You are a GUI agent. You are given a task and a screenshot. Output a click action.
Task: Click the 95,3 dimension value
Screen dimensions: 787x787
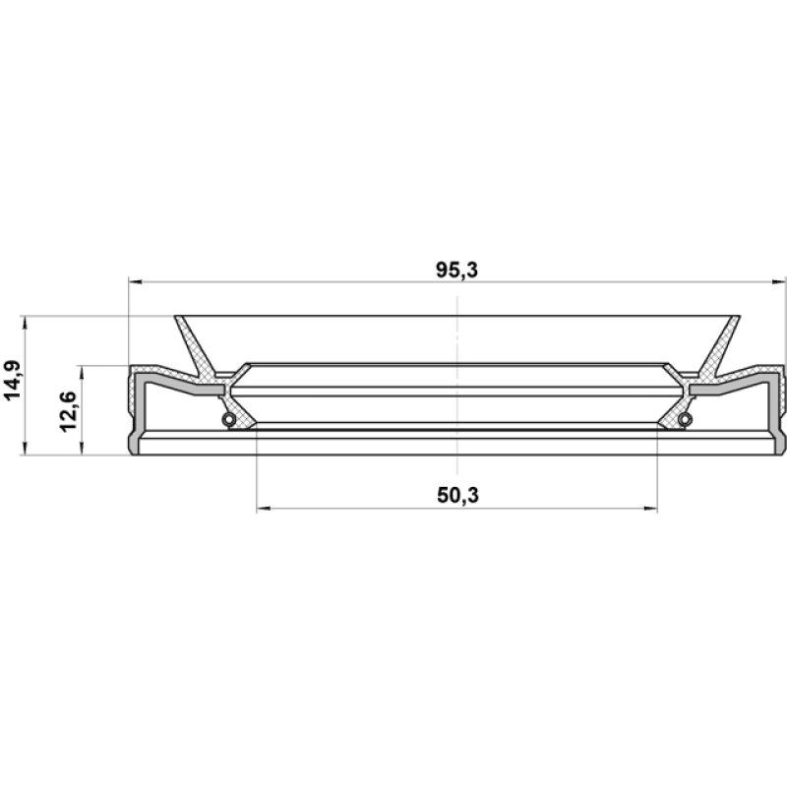coord(456,270)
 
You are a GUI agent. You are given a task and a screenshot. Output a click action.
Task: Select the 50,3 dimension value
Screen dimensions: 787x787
coord(457,496)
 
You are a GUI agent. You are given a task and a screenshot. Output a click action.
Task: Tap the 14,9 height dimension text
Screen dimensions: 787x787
coord(12,381)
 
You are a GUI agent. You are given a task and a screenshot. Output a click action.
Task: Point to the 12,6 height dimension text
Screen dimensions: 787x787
coord(68,411)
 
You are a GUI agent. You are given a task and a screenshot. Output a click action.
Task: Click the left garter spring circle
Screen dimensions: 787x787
coord(229,419)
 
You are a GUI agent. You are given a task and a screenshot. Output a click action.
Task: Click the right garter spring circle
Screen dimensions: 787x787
coord(685,419)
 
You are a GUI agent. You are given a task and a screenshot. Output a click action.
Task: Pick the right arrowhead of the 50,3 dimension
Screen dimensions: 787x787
coord(650,509)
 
